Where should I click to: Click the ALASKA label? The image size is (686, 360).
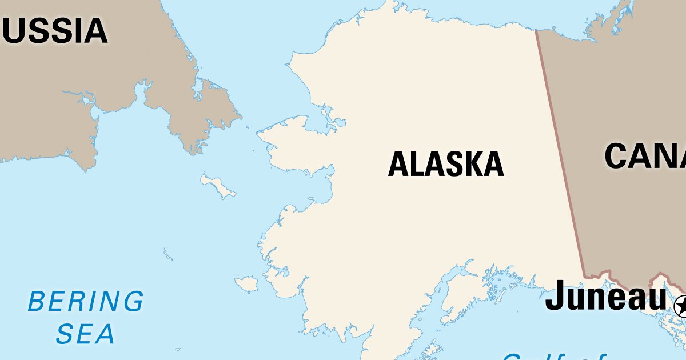(446, 164)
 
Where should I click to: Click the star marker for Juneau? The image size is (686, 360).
(681, 306)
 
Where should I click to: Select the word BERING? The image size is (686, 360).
(86, 301)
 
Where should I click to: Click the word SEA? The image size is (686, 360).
(86, 334)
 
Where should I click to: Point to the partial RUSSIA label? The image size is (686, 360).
(54, 31)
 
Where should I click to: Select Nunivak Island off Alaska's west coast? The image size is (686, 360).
(247, 283)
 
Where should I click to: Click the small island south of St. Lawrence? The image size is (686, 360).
(167, 254)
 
